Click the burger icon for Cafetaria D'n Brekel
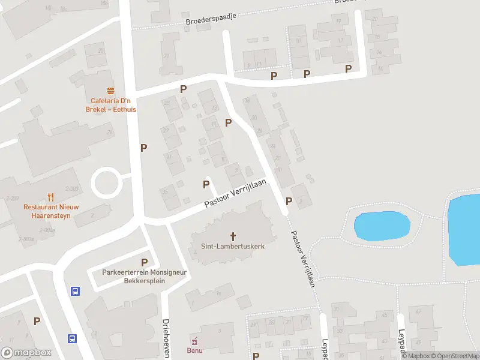point(110,91)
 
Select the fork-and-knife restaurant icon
point(51,196)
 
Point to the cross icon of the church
point(233,235)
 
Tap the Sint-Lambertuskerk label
point(233,246)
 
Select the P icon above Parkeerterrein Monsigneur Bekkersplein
point(144,262)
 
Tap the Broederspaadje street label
point(212,19)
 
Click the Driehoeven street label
point(166,337)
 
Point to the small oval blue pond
point(382,226)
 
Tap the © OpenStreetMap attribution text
point(454,356)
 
